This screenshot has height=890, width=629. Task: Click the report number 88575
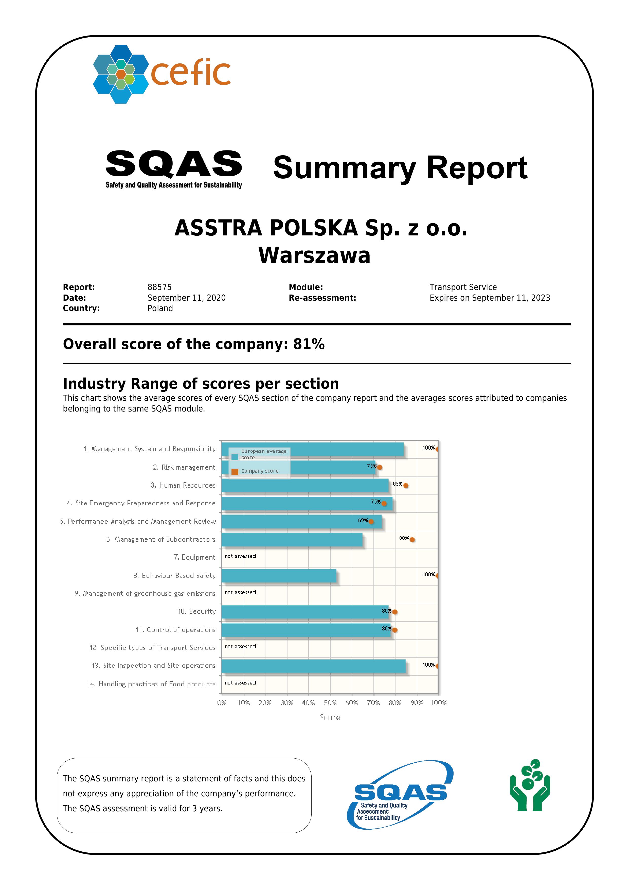[x=159, y=287]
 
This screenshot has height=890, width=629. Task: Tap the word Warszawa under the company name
[x=314, y=255]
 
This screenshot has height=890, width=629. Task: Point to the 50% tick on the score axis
[x=330, y=703]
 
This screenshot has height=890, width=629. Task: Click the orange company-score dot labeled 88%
[x=412, y=540]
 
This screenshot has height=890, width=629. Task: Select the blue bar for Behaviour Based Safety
[x=279, y=576]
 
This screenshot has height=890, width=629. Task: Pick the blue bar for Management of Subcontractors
[x=292, y=540]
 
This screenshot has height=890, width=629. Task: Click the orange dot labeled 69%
[x=371, y=522]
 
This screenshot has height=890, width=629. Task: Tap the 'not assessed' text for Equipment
[x=240, y=556]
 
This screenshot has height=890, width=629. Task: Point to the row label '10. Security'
[x=196, y=612]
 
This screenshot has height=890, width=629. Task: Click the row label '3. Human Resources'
[x=183, y=485]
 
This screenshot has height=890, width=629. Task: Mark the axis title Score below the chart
[x=330, y=717]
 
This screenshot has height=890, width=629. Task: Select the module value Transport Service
[x=463, y=287]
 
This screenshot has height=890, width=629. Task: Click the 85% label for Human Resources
[x=397, y=484]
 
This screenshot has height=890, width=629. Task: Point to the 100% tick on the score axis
[x=438, y=703]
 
